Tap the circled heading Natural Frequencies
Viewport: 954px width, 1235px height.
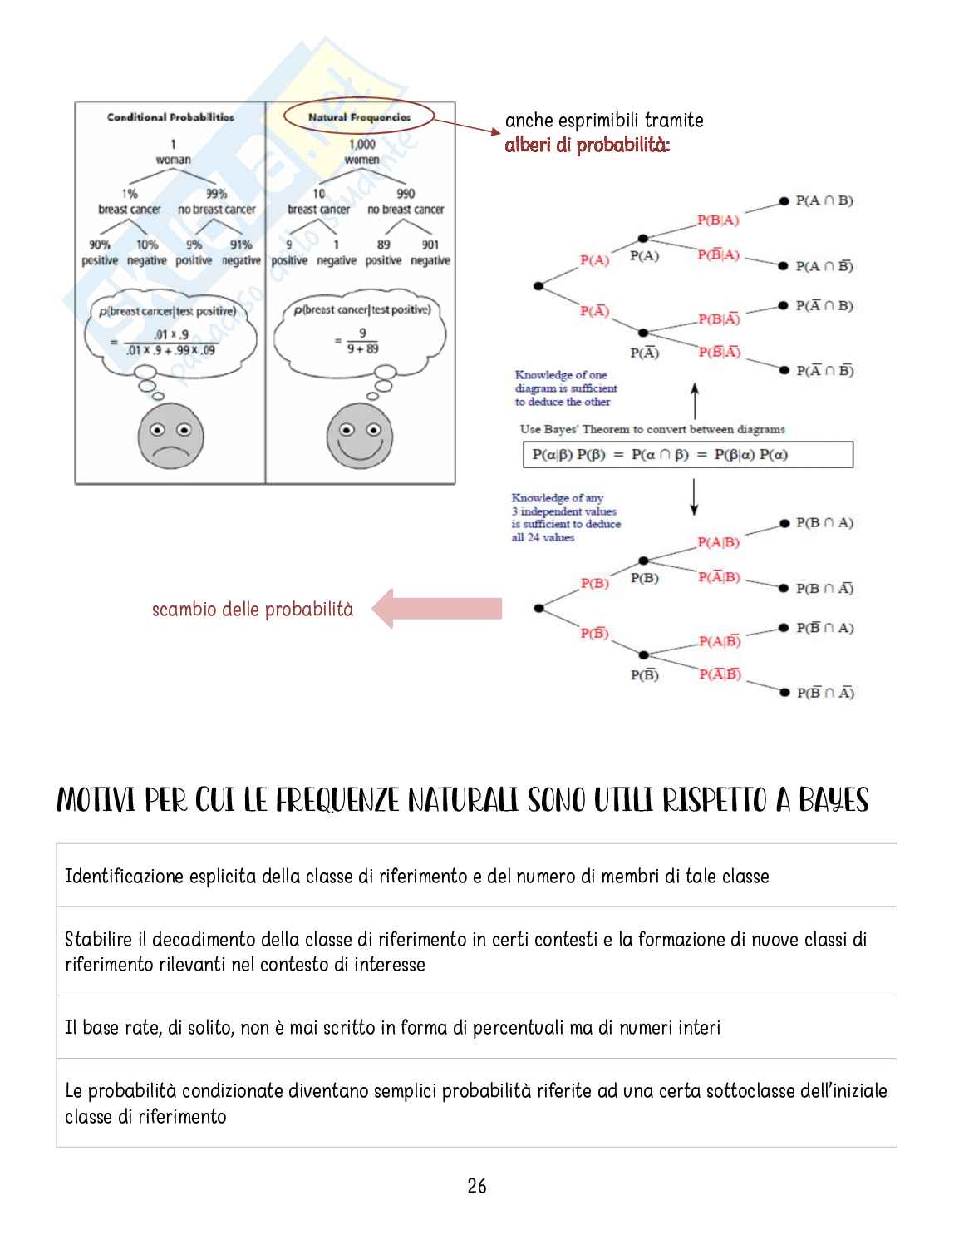pyautogui.click(x=359, y=117)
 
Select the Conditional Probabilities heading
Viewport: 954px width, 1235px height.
pyautogui.click(x=170, y=117)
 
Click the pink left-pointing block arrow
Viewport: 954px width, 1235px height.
pyautogui.click(x=436, y=609)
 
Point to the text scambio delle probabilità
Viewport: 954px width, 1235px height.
pyautogui.click(x=252, y=610)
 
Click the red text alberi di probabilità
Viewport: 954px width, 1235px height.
pyautogui.click(x=587, y=146)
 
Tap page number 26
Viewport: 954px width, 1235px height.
pyautogui.click(x=477, y=1186)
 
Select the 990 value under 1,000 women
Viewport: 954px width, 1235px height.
pyautogui.click(x=406, y=194)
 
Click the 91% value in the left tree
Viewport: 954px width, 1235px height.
pyautogui.click(x=241, y=245)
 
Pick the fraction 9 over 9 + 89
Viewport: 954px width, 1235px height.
pyautogui.click(x=362, y=341)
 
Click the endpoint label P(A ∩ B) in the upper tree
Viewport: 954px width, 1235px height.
pyautogui.click(x=824, y=200)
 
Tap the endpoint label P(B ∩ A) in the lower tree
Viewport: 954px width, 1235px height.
pyautogui.click(x=824, y=522)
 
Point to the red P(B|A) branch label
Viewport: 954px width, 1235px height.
pyautogui.click(x=718, y=220)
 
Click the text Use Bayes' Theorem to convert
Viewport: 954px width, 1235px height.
pyautogui.click(x=652, y=429)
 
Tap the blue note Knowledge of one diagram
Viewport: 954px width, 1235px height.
pyautogui.click(x=565, y=388)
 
